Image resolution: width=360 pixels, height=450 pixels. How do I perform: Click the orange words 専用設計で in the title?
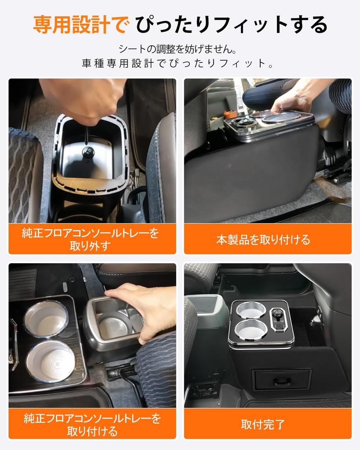pyautogui.click(x=81, y=25)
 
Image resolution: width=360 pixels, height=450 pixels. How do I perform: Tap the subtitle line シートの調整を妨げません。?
pyautogui.click(x=180, y=48)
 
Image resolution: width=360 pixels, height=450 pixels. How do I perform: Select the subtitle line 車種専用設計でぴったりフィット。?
pyautogui.click(x=180, y=63)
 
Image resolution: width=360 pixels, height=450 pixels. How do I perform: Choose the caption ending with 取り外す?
pyautogui.click(x=91, y=240)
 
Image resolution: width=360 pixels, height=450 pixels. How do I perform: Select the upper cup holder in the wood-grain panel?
pyautogui.click(x=46, y=319)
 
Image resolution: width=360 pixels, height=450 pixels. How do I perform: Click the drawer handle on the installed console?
pyautogui.click(x=281, y=381)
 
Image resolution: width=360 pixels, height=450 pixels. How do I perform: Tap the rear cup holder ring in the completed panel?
pyautogui.click(x=251, y=310)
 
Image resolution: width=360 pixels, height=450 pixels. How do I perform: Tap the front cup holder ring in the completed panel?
pyautogui.click(x=251, y=330)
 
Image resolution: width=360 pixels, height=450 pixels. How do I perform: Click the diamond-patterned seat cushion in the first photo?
pyautogui.click(x=24, y=176)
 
